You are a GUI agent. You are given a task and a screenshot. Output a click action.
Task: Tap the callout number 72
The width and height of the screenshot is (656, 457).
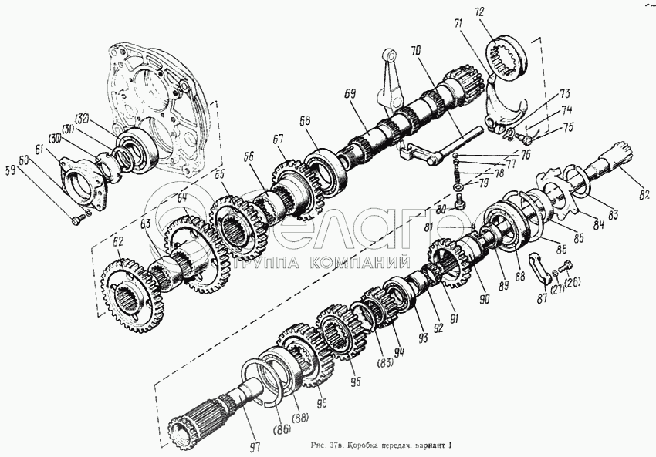pos(501,13)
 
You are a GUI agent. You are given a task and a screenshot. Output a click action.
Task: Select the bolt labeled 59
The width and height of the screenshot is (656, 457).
pos(78,220)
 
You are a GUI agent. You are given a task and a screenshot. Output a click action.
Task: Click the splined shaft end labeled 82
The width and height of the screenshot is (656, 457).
pos(617,159)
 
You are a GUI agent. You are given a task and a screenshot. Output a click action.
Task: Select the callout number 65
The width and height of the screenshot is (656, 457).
pos(218,175)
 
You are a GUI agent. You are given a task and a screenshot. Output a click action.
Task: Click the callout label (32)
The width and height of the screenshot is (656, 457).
pos(82,119)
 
